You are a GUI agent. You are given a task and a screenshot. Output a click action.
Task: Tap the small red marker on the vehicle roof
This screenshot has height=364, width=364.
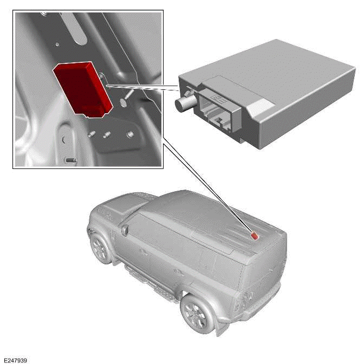[253, 235]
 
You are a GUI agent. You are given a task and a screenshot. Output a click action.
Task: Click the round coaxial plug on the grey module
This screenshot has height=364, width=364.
[182, 103]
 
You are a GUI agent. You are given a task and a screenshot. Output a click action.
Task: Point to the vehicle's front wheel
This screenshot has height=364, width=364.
[101, 248]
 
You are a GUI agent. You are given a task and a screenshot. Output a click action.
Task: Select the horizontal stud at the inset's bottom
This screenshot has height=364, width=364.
[69, 160]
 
